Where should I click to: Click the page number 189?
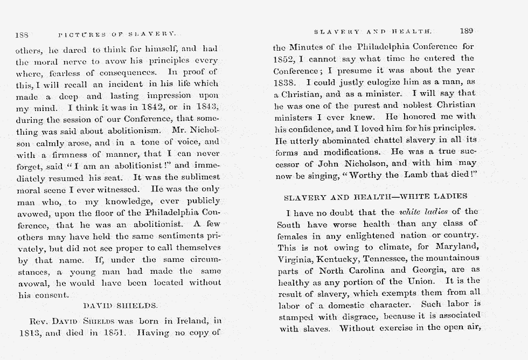466,31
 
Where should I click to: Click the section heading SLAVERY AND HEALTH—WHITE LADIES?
375,196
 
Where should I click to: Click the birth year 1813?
27,332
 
